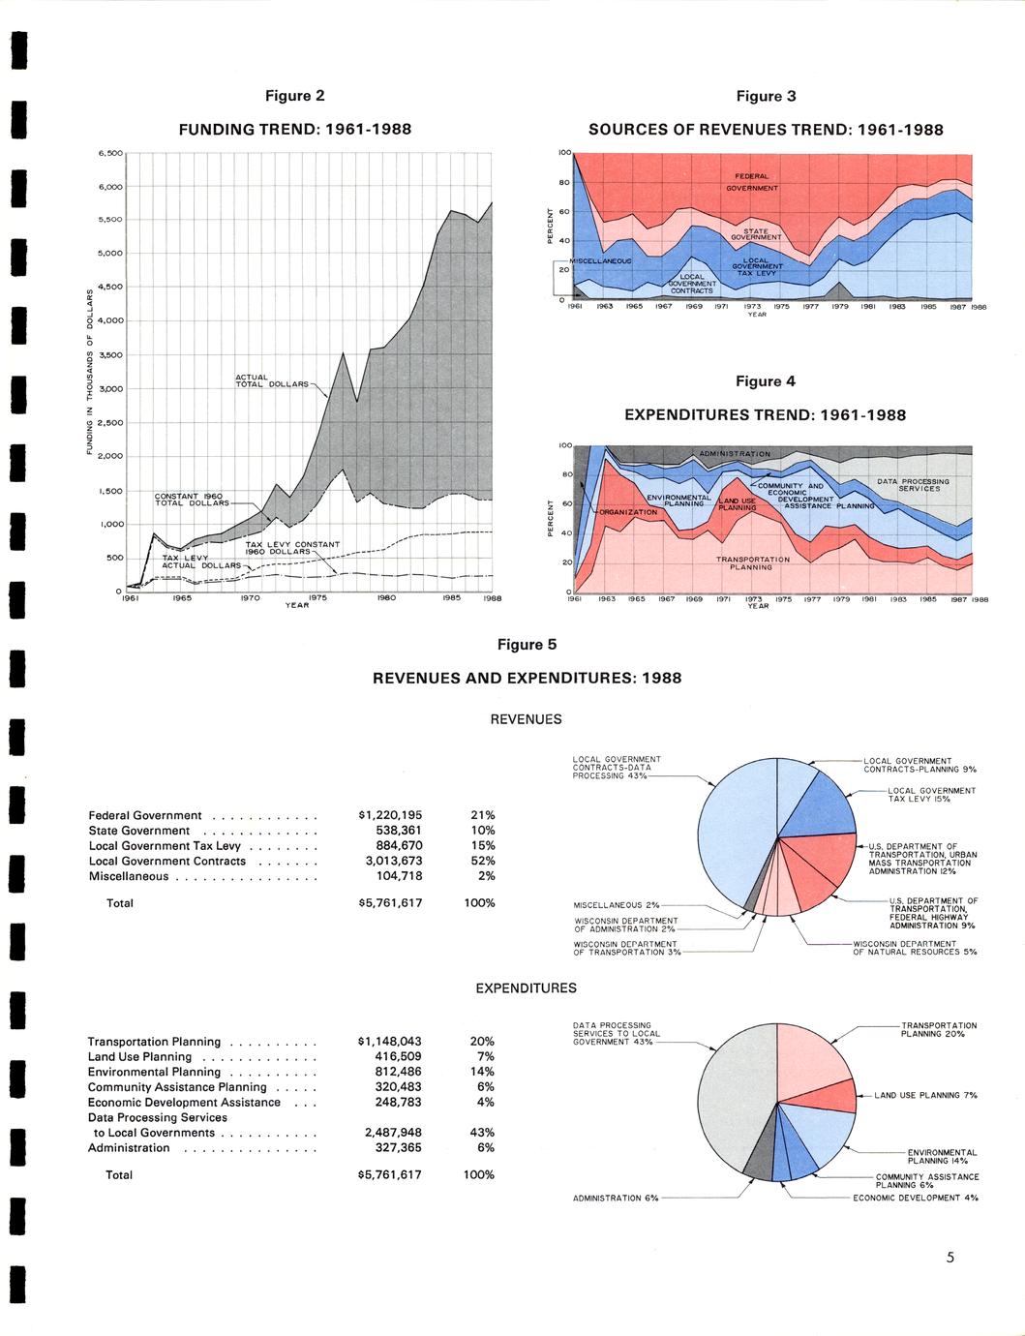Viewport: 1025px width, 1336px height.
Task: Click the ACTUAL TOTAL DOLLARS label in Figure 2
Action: [272, 380]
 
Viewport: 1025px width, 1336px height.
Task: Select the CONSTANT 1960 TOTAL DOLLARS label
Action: [192, 500]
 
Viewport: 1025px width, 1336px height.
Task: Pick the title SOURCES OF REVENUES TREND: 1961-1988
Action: [766, 130]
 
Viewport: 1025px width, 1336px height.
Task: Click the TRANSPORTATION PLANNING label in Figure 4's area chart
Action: [752, 562]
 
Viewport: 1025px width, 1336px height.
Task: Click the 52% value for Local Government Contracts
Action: [482, 861]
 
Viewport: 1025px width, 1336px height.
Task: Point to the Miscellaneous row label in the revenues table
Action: [128, 876]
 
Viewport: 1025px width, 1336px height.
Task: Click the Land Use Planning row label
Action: [139, 1056]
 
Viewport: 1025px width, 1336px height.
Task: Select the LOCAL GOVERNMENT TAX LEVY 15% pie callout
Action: [931, 795]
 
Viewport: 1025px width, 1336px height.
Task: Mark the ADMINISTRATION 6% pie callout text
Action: [616, 1198]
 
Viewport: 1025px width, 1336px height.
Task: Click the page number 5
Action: [950, 1258]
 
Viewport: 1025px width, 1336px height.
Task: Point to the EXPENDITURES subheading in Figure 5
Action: [526, 988]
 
